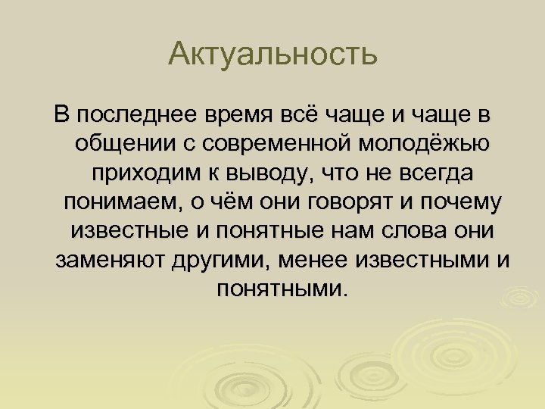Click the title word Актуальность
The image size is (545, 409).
272,55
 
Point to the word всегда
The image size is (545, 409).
432,173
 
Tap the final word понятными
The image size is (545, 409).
272,289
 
